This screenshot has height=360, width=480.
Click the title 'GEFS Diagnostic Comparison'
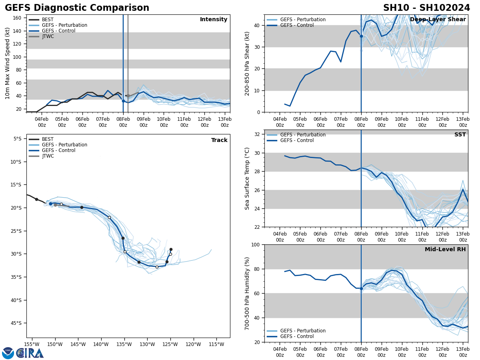pyautogui.click(x=77, y=8)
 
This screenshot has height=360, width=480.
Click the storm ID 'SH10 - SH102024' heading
pyautogui.click(x=426, y=8)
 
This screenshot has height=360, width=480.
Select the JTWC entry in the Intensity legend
pyautogui.click(x=48, y=36)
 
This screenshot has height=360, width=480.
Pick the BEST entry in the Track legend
pyautogui.click(x=47, y=139)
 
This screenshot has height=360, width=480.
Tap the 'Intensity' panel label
pyautogui.click(x=214, y=20)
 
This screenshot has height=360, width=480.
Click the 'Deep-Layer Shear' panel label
pyautogui.click(x=438, y=20)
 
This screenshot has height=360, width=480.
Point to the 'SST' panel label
pyautogui.click(x=460, y=135)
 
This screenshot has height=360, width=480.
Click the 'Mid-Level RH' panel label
pyautogui.click(x=445, y=250)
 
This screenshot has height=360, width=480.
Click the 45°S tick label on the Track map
pyautogui.click(x=17, y=323)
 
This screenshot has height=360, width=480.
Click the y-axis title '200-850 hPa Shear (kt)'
pyautogui.click(x=247, y=63)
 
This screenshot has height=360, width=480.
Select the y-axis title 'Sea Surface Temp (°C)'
pyautogui.click(x=247, y=178)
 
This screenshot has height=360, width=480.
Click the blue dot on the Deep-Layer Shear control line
pyautogui.click(x=361, y=36)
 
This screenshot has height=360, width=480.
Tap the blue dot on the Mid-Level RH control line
pyautogui.click(x=361, y=288)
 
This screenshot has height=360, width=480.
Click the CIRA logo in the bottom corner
pyautogui.click(x=23, y=353)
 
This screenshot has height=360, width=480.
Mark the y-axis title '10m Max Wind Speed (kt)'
pyautogui.click(x=8, y=63)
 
